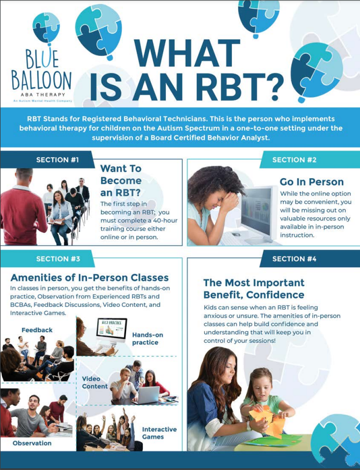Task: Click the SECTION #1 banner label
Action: tap(57, 160)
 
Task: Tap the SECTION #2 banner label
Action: tap(294, 160)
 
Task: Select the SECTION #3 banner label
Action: tap(58, 259)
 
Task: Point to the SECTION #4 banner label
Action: tap(294, 259)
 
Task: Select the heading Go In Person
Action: tap(312, 182)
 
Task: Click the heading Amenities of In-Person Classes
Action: tap(90, 278)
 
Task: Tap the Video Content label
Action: tap(95, 383)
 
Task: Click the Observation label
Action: tap(32, 443)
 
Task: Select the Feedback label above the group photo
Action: tap(37, 330)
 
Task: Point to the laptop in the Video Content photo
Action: tap(148, 395)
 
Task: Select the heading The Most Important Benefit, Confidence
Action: tap(254, 289)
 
